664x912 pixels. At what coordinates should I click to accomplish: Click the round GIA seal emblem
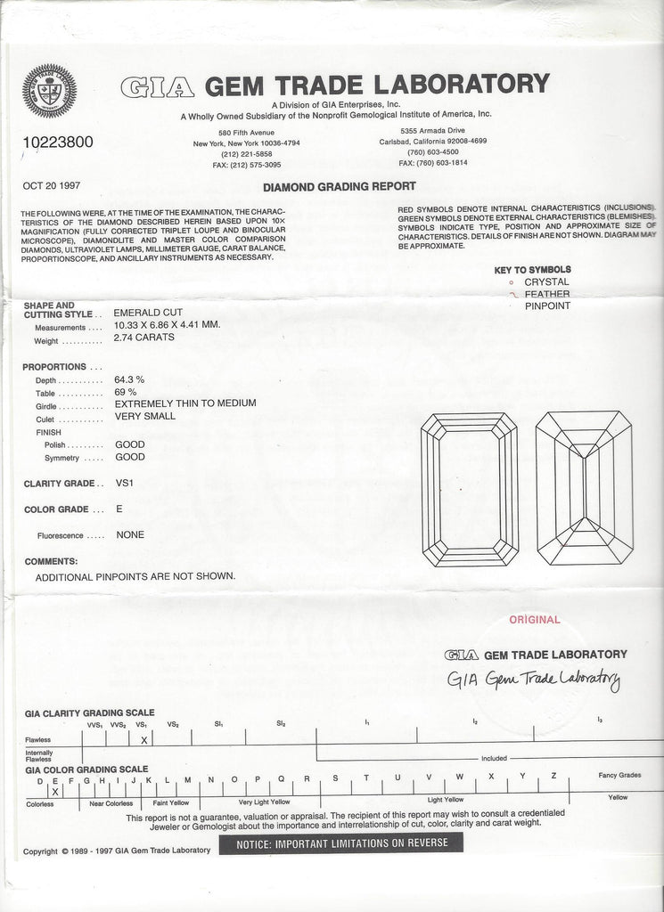pyautogui.click(x=50, y=91)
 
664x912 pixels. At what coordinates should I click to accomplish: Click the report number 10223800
pyautogui.click(x=57, y=142)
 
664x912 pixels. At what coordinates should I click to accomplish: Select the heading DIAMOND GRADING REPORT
pyautogui.click(x=339, y=186)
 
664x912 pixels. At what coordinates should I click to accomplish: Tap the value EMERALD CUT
pyautogui.click(x=149, y=313)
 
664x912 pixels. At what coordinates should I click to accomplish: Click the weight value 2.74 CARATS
pyautogui.click(x=144, y=338)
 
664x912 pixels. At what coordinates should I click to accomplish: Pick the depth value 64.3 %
pyautogui.click(x=130, y=379)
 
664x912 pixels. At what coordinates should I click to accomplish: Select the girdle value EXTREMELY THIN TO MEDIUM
pyautogui.click(x=185, y=403)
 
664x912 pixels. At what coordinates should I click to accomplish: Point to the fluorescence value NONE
pyautogui.click(x=130, y=535)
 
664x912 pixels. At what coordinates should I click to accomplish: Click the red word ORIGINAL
pyautogui.click(x=535, y=620)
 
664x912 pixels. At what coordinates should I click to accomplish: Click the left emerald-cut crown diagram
pyautogui.click(x=469, y=489)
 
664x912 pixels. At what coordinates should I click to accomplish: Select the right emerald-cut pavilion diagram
pyautogui.click(x=584, y=489)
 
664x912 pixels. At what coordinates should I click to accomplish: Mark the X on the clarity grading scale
pyautogui.click(x=143, y=739)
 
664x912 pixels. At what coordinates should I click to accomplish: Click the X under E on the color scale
pyautogui.click(x=55, y=791)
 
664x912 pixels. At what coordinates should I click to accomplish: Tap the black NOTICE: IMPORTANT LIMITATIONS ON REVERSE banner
pyautogui.click(x=342, y=843)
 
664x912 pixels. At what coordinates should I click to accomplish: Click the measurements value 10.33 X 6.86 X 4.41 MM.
pyautogui.click(x=167, y=325)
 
